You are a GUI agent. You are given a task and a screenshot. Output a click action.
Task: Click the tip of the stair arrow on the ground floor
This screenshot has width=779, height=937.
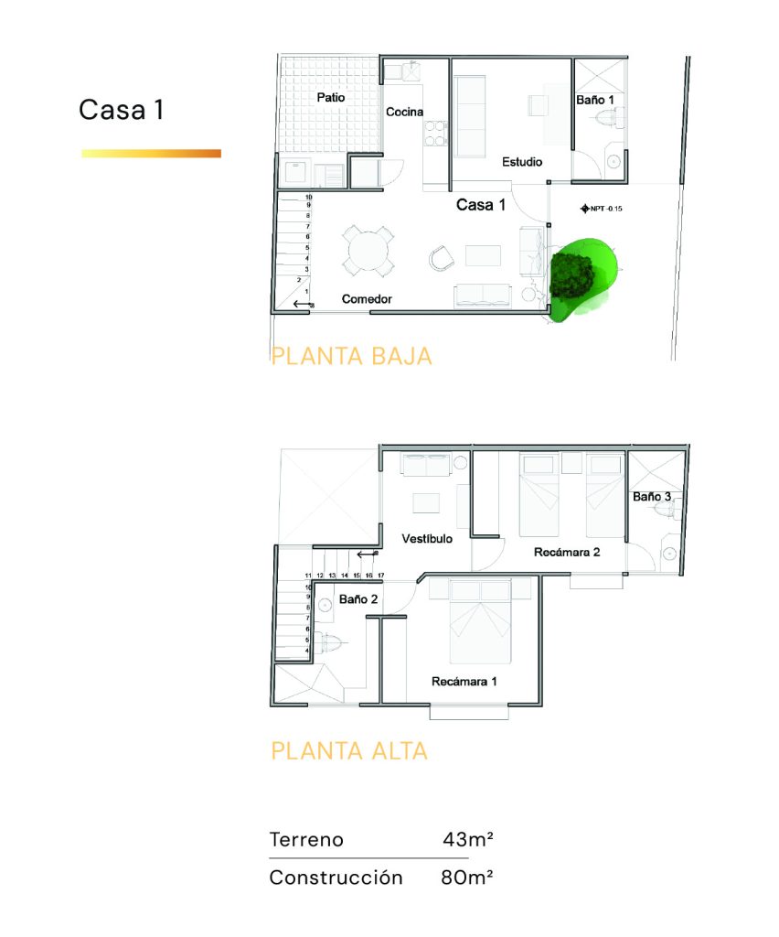[x=293, y=304]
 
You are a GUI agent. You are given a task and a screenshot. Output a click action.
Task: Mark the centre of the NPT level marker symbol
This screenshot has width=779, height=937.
[x=585, y=209]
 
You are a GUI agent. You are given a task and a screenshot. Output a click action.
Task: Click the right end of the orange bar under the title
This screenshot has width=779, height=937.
[x=221, y=154]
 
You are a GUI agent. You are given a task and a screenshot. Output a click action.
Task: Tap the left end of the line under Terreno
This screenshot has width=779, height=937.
[x=269, y=858]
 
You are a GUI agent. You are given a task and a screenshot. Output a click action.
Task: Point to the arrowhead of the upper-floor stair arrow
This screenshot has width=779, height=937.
[x=357, y=555]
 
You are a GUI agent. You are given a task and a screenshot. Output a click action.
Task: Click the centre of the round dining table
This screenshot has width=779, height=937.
[x=368, y=251]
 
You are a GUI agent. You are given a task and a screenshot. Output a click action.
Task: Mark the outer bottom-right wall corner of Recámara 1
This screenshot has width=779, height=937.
[x=542, y=705]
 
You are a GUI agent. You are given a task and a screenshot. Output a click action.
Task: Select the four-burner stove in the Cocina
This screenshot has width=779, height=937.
[x=435, y=134]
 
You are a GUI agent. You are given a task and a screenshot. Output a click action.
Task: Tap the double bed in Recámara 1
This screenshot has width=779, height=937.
[x=480, y=621]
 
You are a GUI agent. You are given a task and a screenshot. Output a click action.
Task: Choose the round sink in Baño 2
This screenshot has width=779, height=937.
[x=325, y=606]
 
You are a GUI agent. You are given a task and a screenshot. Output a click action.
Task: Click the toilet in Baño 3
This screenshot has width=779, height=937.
[x=667, y=511]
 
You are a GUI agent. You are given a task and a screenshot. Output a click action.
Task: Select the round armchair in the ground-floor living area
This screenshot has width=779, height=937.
[x=441, y=257]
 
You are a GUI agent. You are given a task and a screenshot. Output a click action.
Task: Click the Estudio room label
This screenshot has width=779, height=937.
[x=522, y=162]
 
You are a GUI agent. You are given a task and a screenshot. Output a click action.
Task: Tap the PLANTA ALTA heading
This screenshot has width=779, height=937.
[x=349, y=750]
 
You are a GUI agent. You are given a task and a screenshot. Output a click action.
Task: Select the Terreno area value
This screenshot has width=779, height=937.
[x=468, y=839]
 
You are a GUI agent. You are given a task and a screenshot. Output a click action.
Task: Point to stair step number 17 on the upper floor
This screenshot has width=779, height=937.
[x=381, y=576]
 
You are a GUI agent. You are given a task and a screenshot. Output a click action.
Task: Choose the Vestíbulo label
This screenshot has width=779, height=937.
[x=427, y=539]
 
